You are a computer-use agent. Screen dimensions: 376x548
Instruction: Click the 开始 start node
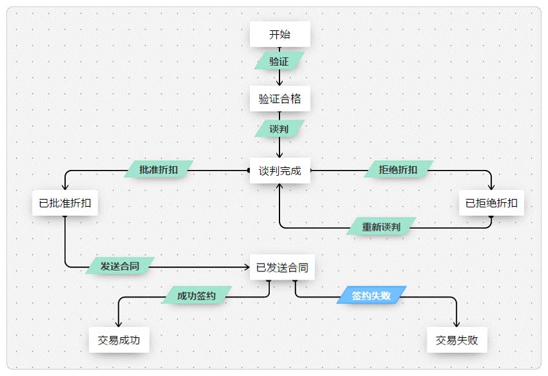pos(279,34)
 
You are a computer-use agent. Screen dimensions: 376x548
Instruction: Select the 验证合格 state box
pos(279,99)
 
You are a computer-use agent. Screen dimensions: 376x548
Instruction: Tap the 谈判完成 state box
pos(279,171)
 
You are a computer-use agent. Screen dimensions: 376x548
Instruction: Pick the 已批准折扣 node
pos(65,203)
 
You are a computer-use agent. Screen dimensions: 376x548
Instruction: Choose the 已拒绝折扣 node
pos(491,203)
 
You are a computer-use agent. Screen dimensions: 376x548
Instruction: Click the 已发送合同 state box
pos(282,267)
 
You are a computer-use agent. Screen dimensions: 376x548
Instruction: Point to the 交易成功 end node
pos(119,340)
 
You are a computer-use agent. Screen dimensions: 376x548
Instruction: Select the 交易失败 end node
pos(457,340)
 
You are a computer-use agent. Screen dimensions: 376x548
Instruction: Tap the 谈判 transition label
pos(279,129)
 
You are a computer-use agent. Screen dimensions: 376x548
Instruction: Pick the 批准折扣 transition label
pos(159,170)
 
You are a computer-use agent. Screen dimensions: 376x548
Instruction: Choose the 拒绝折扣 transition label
pos(398,170)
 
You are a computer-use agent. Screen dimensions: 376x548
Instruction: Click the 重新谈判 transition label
pos(381,227)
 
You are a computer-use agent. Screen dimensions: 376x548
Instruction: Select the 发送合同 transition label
pos(120,266)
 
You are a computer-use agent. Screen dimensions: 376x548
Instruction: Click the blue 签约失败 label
pos(371,295)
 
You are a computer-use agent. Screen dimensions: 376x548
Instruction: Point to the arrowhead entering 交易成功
pos(119,324)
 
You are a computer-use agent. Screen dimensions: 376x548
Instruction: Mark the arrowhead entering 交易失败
pos(457,324)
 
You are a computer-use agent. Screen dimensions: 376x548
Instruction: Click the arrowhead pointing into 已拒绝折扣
pos(491,187)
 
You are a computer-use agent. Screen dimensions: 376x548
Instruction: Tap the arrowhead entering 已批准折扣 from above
pos(65,187)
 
